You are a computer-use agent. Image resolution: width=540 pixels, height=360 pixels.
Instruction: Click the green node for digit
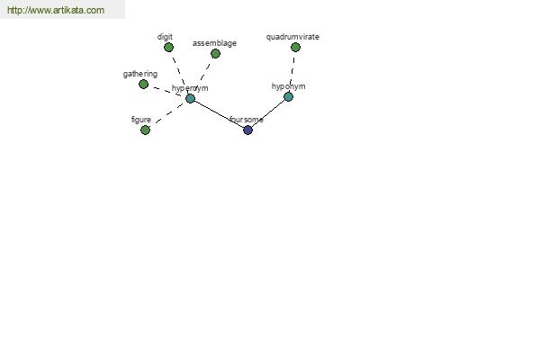click(x=168, y=48)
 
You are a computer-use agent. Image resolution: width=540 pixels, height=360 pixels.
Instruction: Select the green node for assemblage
click(x=215, y=54)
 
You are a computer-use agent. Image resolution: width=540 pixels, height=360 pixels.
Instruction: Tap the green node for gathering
click(x=144, y=84)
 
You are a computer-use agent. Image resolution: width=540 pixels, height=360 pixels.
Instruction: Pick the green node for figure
click(x=145, y=130)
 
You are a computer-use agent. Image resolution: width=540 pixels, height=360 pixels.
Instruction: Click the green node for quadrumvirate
click(x=295, y=48)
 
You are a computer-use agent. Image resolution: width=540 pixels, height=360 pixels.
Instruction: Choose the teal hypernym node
click(x=191, y=98)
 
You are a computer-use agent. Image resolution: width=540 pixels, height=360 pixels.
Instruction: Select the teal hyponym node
click(x=289, y=97)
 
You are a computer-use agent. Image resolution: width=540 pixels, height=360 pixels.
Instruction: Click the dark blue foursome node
click(x=248, y=130)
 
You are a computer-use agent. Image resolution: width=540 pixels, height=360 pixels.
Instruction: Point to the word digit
click(x=165, y=37)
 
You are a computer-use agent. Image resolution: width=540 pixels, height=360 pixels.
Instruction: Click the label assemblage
click(x=214, y=43)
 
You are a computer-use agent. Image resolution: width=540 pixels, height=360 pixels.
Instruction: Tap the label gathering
click(x=140, y=74)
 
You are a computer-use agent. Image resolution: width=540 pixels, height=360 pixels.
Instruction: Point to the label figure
click(x=141, y=120)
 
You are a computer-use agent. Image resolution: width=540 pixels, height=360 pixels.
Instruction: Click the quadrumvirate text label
click(x=292, y=37)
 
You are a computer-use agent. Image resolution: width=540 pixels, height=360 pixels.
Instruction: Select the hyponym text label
click(x=289, y=86)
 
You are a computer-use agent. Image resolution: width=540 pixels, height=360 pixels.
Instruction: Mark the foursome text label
click(x=247, y=120)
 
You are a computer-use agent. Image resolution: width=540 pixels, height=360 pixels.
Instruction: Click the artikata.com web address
click(x=56, y=10)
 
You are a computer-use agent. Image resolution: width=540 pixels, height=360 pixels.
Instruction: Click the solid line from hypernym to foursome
click(x=219, y=114)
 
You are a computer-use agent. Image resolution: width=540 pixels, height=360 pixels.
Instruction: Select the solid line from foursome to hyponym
click(x=268, y=113)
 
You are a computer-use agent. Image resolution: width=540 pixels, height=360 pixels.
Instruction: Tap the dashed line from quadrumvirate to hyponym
click(x=292, y=71)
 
